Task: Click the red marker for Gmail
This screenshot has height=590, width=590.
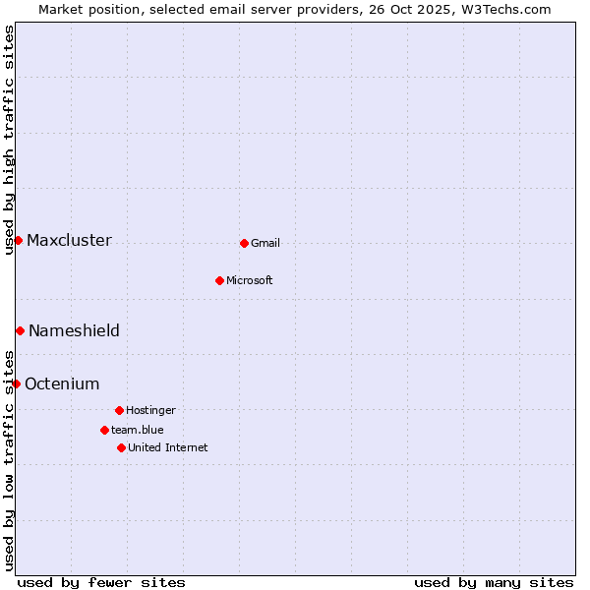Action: tap(244, 243)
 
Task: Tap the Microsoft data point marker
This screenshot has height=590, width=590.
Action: tap(219, 280)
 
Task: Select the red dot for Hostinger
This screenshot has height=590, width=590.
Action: tap(119, 410)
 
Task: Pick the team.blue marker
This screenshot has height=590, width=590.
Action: tap(104, 430)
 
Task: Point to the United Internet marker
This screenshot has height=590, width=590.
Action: tap(121, 447)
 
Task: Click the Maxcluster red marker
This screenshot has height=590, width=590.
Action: tap(18, 240)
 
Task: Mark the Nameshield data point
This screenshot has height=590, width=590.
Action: tap(20, 330)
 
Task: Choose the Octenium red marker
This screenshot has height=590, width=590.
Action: tap(16, 383)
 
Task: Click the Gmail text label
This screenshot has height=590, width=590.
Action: tap(265, 244)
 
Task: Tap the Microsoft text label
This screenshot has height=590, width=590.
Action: tap(250, 281)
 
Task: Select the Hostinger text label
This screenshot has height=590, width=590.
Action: tap(150, 411)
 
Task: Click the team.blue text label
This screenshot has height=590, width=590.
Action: tap(138, 431)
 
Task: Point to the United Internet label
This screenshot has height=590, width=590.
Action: tap(168, 448)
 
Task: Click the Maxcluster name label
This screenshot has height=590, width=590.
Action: tap(69, 241)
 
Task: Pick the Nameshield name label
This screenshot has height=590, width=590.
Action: tap(74, 331)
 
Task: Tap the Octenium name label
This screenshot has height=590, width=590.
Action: tap(62, 384)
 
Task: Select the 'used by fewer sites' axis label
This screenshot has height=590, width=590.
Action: tap(101, 583)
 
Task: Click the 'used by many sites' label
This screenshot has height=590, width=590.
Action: tap(494, 583)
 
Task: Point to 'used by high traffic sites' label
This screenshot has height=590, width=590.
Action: tap(9, 140)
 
